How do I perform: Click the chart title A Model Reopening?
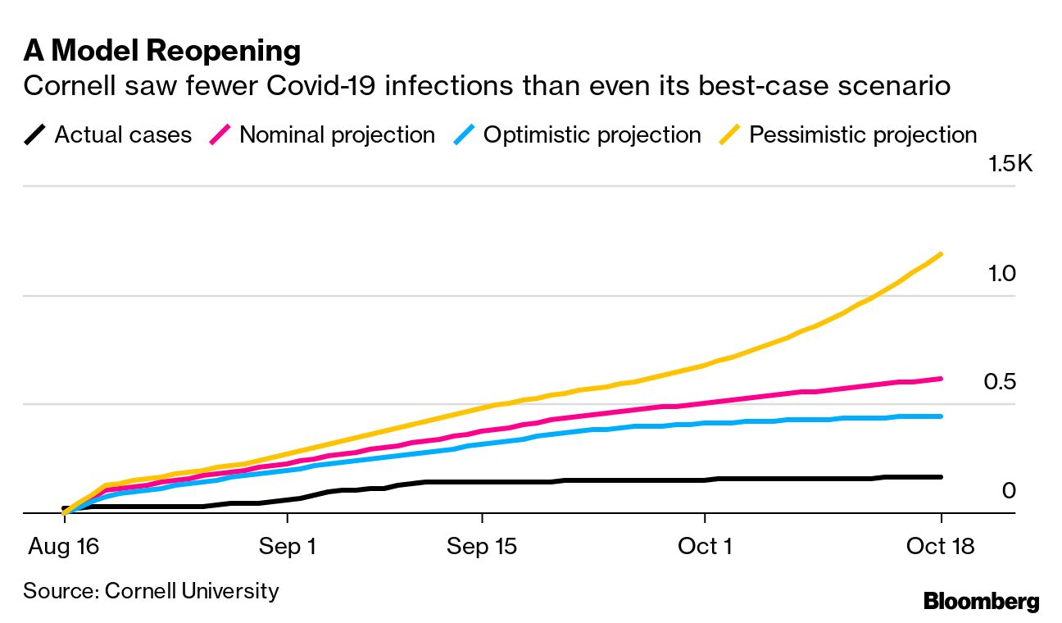(162, 51)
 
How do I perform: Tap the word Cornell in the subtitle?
(65, 85)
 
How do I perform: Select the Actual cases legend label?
(123, 134)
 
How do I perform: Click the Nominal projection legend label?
(337, 134)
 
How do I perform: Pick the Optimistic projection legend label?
(592, 134)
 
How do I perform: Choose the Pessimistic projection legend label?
(863, 134)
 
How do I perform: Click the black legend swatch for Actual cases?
(36, 134)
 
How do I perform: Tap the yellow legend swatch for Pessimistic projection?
(731, 134)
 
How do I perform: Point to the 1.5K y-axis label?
(1010, 164)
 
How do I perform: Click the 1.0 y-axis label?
(1001, 273)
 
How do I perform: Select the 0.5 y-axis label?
(1001, 382)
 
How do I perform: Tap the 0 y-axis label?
(1009, 490)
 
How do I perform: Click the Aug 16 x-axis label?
(64, 546)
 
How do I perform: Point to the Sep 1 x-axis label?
(288, 546)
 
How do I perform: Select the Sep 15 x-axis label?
(482, 546)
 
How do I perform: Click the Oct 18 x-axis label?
(941, 546)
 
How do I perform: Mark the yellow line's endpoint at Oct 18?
(941, 254)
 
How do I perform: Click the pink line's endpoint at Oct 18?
(941, 379)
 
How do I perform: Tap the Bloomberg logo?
(981, 601)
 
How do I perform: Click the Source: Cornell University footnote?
(151, 590)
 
